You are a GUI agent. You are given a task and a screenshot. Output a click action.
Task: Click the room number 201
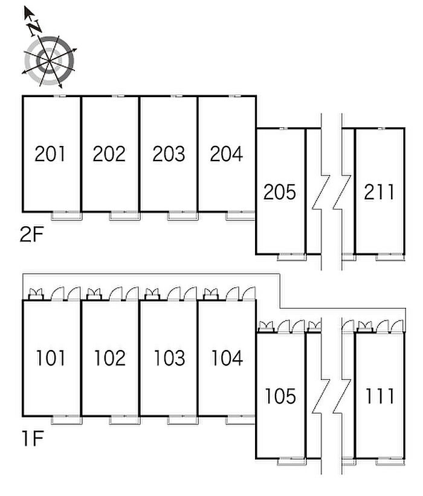point(50,154)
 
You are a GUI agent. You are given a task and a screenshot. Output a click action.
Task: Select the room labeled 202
point(109,154)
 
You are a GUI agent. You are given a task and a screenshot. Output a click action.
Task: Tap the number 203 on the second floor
point(169,154)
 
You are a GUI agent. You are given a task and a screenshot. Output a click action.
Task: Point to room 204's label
point(226,154)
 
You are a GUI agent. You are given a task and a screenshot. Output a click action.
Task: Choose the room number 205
point(279,192)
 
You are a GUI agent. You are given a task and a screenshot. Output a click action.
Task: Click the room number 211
point(379,192)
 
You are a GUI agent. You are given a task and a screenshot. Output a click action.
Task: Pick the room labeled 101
point(50,358)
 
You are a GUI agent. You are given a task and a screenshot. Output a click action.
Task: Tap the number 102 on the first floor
point(109,358)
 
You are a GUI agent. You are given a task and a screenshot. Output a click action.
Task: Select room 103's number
point(169,358)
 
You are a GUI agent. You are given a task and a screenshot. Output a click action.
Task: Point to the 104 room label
point(227,358)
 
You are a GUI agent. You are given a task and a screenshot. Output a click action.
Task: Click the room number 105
point(280,396)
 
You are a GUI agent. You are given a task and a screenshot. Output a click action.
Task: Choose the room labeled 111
point(379,396)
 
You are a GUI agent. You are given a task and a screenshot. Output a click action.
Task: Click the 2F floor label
point(31,235)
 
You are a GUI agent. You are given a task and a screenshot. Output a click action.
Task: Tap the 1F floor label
point(32,439)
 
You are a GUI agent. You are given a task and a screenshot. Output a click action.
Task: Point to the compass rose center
point(49,60)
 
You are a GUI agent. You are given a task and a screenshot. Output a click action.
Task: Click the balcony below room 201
point(67,215)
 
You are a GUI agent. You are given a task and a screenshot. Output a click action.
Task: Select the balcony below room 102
point(124,420)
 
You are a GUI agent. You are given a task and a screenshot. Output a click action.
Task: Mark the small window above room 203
point(177,96)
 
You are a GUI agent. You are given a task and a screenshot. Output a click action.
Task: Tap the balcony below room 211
point(390,257)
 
